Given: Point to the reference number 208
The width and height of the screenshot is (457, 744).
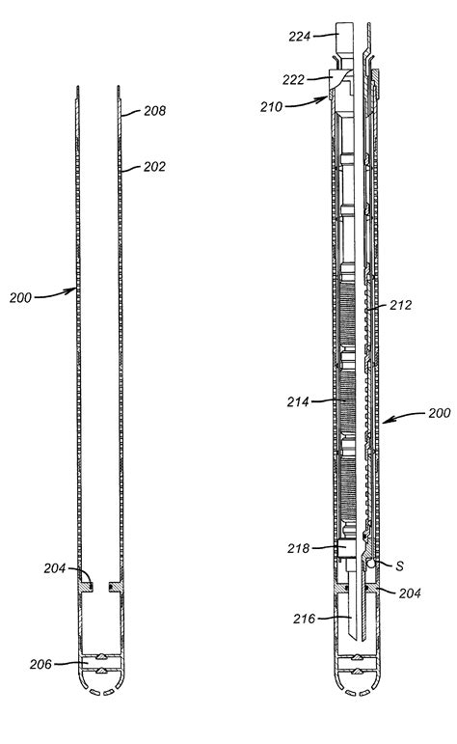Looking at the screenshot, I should [154, 112].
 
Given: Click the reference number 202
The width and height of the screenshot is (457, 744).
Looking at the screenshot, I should [154, 166].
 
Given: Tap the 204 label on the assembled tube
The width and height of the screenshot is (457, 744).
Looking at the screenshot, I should [411, 592].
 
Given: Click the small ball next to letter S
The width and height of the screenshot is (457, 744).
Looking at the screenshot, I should [369, 561].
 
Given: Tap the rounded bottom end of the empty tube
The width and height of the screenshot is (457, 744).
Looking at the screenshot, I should [99, 719].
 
